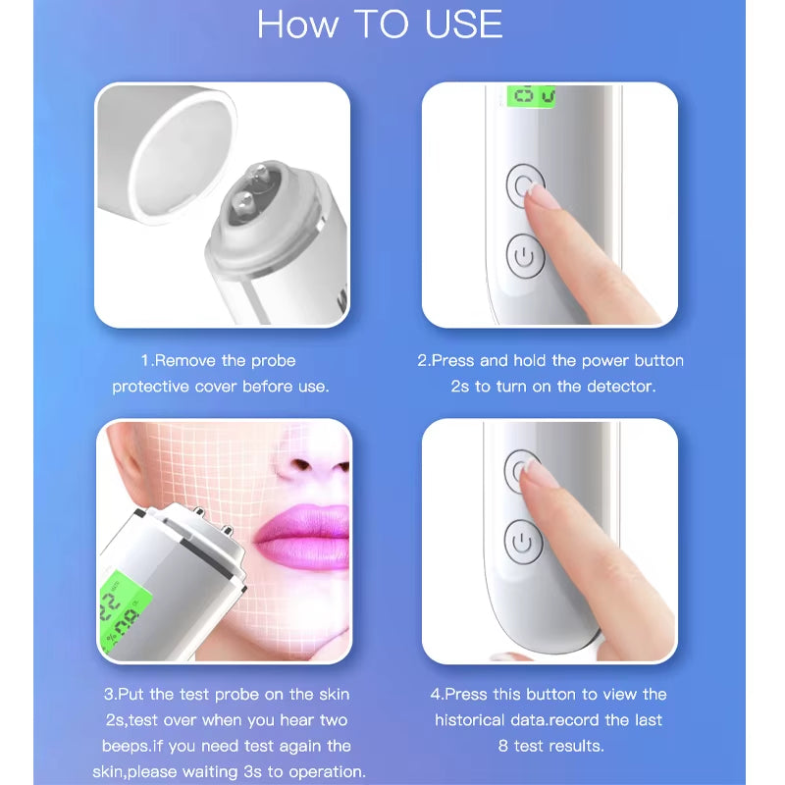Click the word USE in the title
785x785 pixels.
pyautogui.click(x=463, y=26)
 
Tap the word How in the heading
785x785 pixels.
pyautogui.click(x=295, y=26)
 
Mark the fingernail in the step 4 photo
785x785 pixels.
pyautogui.click(x=543, y=476)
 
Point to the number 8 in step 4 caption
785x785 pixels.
pyautogui.click(x=503, y=746)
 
